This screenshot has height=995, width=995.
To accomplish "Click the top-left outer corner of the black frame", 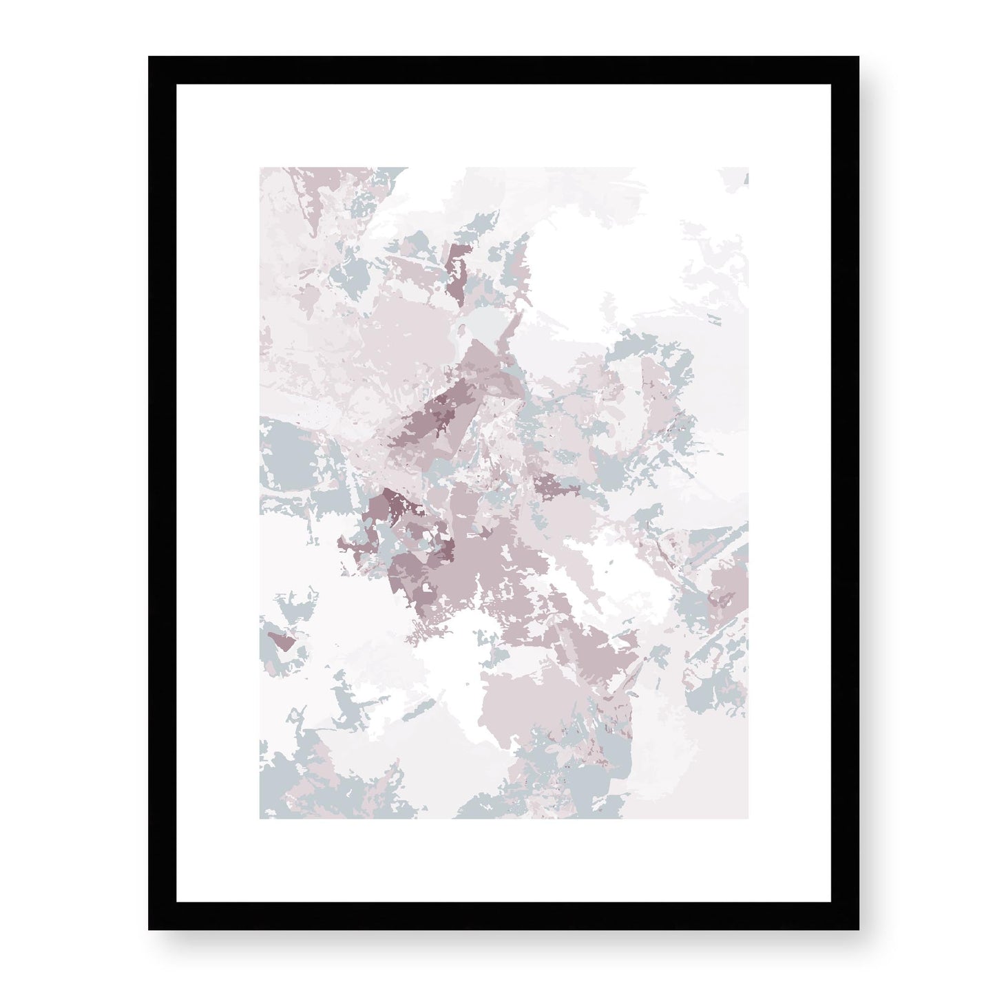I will tap(149, 57).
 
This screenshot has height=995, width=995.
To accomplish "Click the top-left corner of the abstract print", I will tap(260, 167).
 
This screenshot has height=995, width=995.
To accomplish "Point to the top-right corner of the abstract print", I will tap(748, 167).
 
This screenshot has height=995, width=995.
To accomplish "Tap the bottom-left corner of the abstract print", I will tap(260, 819).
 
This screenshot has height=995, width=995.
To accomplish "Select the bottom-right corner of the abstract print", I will tap(748, 819).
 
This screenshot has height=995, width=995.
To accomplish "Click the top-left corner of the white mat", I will tap(176, 84).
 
